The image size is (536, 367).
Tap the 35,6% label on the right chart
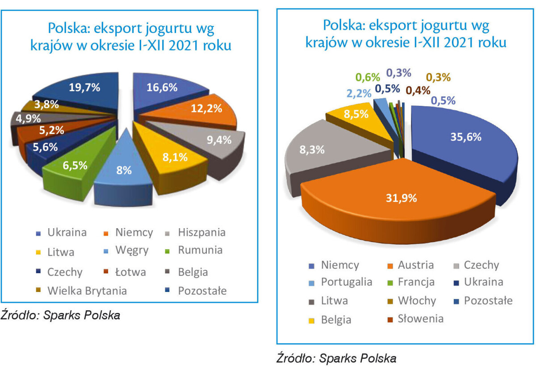466,137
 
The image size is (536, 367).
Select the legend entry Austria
410,265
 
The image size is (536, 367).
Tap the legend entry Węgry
126,250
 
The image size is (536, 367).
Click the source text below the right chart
336,358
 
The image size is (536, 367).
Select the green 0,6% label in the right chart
368,77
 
